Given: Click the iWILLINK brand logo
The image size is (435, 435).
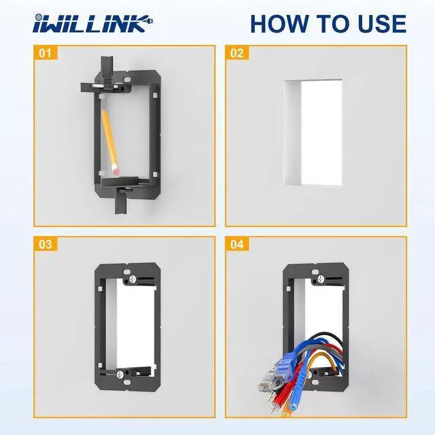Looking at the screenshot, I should click(x=92, y=24).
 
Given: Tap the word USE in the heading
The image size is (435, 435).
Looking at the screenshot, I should click(x=376, y=24).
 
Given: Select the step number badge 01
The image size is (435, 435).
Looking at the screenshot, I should click(x=45, y=52).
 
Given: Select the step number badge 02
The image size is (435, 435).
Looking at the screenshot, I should click(x=236, y=52).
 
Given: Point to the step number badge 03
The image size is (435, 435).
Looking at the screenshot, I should click(x=45, y=243).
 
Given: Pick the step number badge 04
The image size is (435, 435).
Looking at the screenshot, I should click(x=236, y=243).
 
